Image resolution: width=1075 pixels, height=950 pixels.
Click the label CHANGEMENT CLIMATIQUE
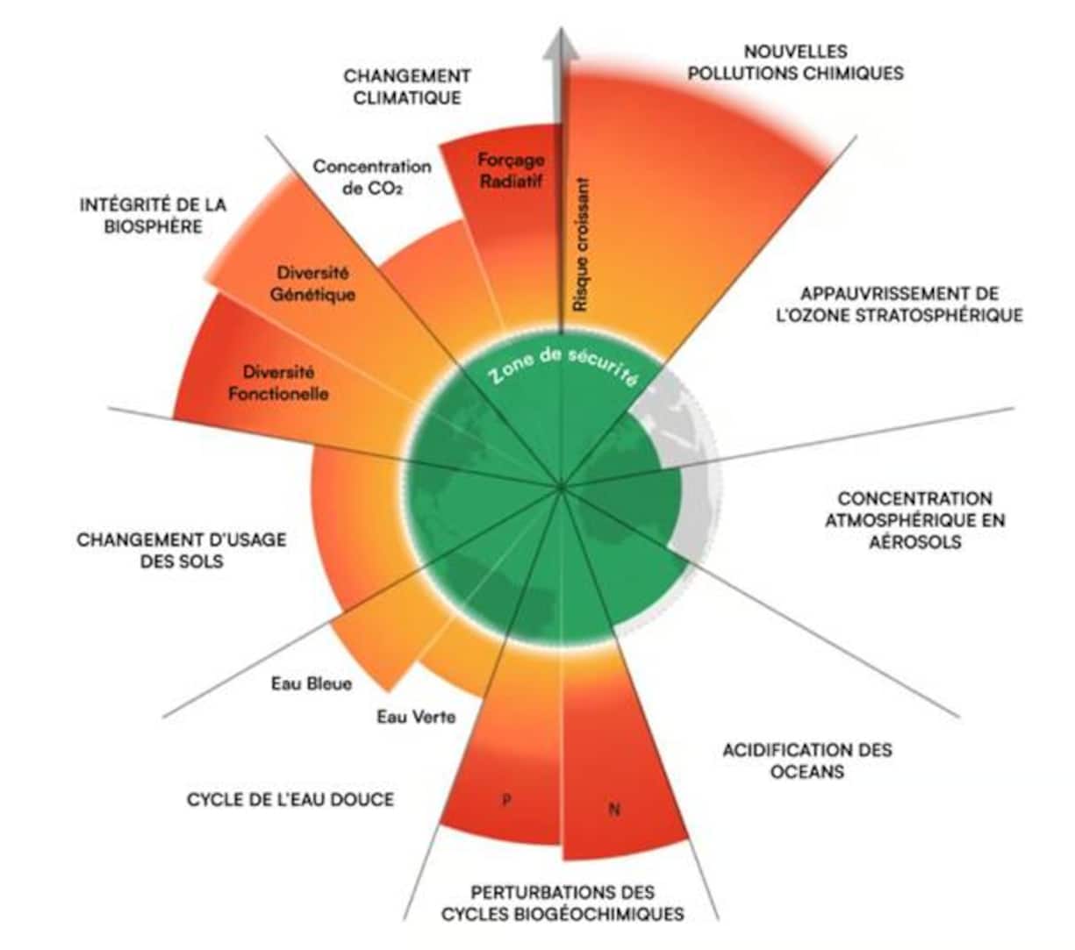point(406,87)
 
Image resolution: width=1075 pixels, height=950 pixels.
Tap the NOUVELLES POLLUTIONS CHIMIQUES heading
point(795,62)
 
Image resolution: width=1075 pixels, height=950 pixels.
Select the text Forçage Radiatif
point(511,171)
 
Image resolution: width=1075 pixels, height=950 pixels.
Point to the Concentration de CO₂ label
point(372,176)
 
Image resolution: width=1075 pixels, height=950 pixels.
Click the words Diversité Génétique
point(312,283)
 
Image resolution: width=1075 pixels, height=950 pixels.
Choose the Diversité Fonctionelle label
point(278,383)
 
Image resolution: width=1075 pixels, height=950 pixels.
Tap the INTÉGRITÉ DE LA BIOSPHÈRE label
point(153,215)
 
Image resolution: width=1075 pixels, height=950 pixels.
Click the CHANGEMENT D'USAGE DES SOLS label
point(182,550)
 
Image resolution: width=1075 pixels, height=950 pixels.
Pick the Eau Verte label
point(416,717)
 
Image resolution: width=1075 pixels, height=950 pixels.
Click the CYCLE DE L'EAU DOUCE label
point(290,799)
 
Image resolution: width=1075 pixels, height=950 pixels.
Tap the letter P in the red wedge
point(505,800)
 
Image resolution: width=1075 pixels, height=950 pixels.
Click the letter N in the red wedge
point(613,809)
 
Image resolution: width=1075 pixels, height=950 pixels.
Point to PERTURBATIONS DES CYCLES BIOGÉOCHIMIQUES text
point(563,903)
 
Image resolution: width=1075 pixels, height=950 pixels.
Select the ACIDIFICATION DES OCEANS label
point(806,761)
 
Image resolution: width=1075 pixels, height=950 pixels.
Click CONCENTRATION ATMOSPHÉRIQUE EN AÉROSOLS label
point(914,519)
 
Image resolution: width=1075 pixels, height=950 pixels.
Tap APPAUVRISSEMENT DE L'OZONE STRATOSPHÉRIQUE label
point(899,304)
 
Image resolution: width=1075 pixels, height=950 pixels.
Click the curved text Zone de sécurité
point(562,366)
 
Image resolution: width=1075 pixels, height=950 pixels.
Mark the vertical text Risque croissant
point(580,246)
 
